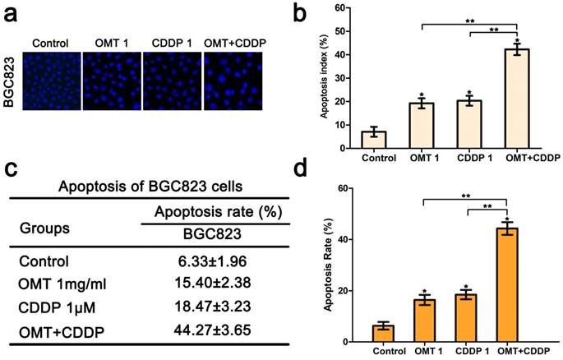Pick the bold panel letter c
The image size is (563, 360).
tap(11, 170)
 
